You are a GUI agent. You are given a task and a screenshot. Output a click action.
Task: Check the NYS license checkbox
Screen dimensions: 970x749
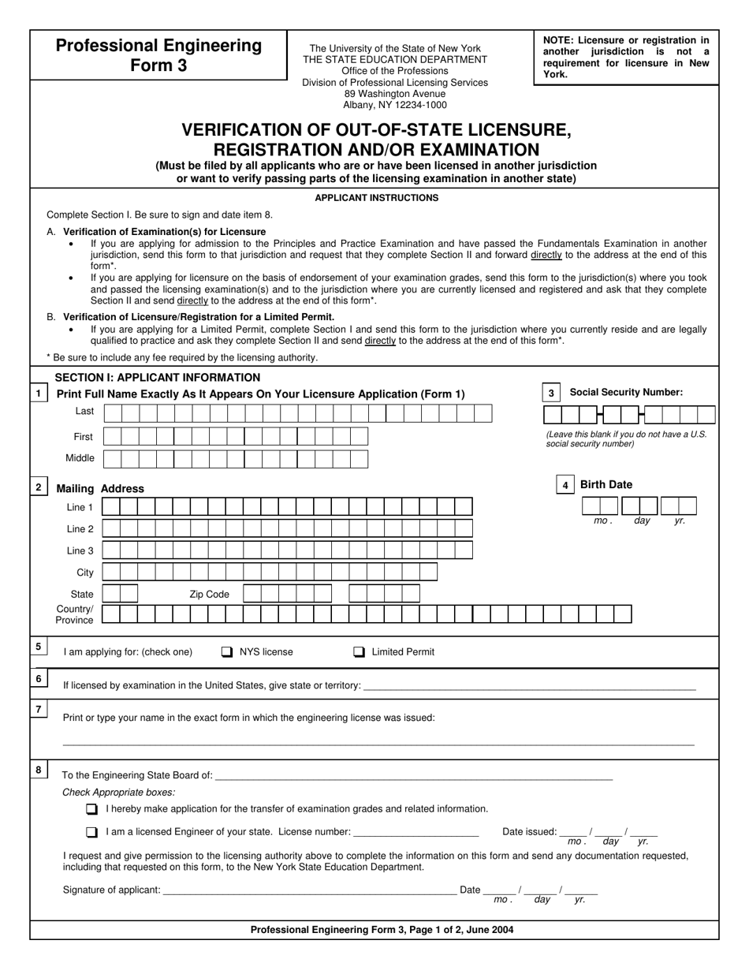227,652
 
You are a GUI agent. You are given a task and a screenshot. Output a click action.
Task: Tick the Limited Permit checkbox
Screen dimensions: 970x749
359,652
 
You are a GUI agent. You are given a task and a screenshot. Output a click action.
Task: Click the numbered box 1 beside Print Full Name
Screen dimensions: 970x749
39,393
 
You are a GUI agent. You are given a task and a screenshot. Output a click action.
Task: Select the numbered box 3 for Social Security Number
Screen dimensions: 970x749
551,393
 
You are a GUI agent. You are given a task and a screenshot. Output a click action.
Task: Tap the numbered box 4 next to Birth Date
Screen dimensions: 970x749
565,485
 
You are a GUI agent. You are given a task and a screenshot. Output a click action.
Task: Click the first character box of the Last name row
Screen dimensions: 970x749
113,413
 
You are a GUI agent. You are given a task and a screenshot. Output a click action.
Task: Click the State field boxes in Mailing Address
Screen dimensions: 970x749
120,594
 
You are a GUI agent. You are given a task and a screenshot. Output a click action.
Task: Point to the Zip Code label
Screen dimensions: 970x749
209,595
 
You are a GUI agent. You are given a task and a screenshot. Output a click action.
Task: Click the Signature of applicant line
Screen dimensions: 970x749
308,890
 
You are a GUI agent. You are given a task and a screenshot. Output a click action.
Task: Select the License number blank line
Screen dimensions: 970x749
415,832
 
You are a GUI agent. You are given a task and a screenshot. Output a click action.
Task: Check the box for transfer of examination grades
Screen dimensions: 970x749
92,809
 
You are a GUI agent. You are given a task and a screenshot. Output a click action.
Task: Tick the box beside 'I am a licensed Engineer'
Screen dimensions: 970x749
92,832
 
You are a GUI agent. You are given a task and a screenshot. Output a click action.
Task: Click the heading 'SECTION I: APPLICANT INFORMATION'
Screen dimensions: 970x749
157,378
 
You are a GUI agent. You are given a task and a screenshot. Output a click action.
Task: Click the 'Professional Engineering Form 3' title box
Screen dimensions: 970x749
158,55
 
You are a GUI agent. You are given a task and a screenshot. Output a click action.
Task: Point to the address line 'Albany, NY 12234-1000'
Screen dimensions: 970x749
394,105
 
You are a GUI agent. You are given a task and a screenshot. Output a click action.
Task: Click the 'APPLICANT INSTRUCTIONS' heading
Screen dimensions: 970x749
376,198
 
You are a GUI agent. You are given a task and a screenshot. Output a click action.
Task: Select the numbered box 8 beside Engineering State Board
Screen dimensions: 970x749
39,770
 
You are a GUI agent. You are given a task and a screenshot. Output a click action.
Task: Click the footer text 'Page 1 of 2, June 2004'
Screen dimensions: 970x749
449,930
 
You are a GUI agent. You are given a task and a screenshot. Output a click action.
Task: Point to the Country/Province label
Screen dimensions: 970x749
74,614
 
